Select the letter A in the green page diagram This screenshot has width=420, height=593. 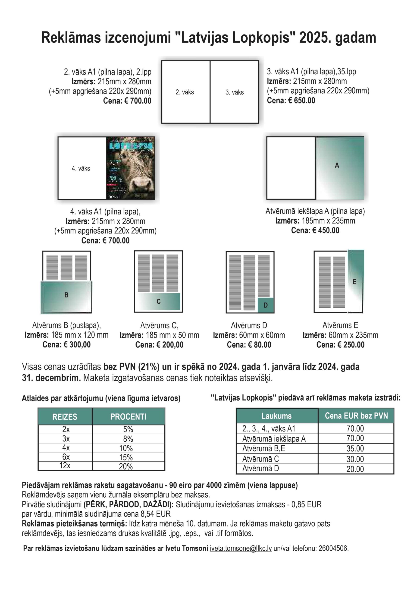click(x=337, y=165)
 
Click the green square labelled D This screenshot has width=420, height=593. click(x=266, y=305)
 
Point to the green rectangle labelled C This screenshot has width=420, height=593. click(x=159, y=301)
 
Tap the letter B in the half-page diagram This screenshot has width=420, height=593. click(x=66, y=295)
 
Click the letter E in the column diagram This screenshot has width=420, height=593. click(x=354, y=282)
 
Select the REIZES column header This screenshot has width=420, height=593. click(x=65, y=417)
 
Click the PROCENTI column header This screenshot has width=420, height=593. click(x=128, y=417)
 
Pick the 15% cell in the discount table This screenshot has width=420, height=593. click(x=126, y=457)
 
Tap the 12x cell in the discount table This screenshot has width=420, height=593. click(x=65, y=466)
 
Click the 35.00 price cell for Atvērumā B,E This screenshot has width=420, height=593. click(x=355, y=449)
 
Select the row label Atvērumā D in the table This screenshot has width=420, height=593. click(x=260, y=469)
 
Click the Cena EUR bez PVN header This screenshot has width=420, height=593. click(x=356, y=416)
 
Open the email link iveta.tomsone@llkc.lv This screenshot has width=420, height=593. click(x=241, y=548)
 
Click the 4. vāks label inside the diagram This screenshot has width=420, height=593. click(x=81, y=168)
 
